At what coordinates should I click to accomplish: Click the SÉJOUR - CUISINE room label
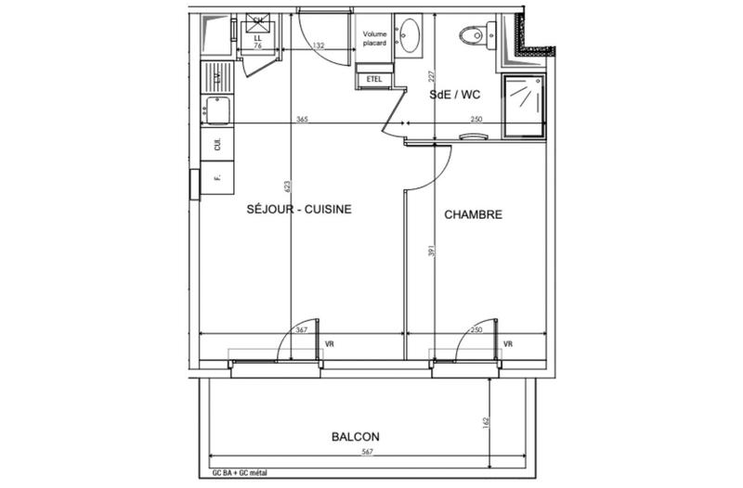(x=298, y=209)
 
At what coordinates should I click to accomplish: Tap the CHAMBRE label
(x=473, y=214)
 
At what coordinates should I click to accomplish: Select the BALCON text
(x=356, y=435)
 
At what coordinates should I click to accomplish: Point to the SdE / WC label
(x=454, y=95)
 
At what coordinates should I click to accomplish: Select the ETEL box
(x=375, y=79)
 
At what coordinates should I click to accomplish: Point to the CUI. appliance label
(x=218, y=145)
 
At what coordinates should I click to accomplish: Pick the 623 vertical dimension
(x=287, y=189)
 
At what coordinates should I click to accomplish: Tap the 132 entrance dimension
(x=319, y=44)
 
